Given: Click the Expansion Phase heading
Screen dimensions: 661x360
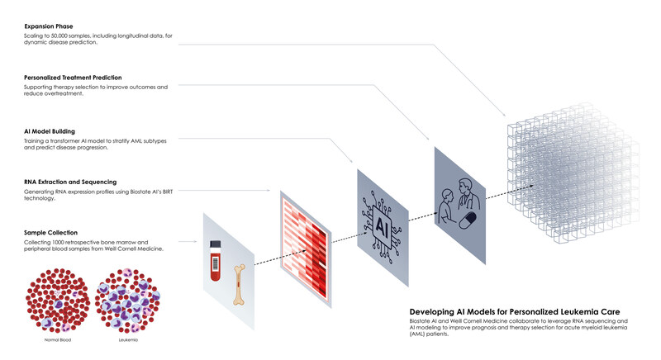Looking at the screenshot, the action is tap(49, 26).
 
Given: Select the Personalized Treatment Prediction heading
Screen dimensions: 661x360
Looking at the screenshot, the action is tap(73, 78).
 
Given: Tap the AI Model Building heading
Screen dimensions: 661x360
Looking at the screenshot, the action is tap(50, 131).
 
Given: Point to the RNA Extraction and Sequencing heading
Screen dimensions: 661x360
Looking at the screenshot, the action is tap(70, 182).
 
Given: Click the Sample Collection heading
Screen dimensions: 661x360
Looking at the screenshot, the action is tap(50, 232).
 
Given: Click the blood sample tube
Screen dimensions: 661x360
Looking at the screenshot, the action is tap(216, 261).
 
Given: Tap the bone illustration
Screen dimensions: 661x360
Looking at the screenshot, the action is tap(239, 284).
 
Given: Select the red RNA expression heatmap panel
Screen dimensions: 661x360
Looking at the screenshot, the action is tap(305, 249).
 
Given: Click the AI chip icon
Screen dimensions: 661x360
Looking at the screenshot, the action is tap(382, 227).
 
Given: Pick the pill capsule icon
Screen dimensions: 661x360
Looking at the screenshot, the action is tap(468, 220).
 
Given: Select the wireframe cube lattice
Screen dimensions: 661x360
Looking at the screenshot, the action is tap(573, 173).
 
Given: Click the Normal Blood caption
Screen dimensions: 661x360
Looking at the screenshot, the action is tap(58, 340).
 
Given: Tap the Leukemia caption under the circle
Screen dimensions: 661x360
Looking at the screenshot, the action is tap(128, 340).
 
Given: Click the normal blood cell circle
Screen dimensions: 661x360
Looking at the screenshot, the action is tap(58, 301).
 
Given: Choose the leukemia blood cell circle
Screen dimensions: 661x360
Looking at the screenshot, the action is tap(128, 301).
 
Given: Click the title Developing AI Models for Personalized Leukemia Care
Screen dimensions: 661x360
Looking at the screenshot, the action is tap(515, 312).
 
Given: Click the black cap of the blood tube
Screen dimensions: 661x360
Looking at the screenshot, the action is tap(216, 244).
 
